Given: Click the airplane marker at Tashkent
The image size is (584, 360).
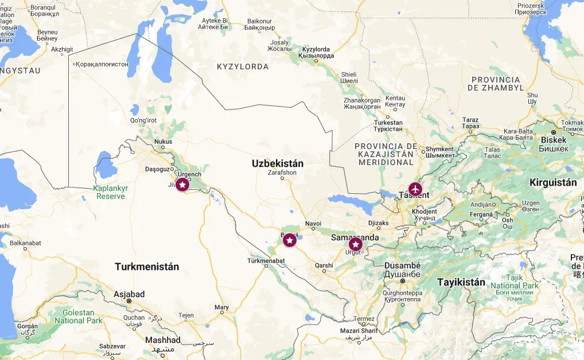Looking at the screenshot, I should pos(415,189).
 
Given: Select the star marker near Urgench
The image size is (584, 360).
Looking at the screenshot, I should pos(182,185).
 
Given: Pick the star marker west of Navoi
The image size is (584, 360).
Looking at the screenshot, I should pos(290,240).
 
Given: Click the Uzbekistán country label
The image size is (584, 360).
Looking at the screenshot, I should pos(277,163).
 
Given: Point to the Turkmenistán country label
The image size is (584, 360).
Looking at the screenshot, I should pos(147,267).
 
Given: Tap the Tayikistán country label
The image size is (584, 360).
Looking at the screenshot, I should pos(461,282).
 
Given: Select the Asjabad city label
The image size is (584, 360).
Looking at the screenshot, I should pos(129,294).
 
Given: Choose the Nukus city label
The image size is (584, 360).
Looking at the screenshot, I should pos(163,142).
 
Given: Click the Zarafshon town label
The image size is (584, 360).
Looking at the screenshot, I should pos(282,172).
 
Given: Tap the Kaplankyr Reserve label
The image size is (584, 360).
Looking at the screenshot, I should pos(111,192).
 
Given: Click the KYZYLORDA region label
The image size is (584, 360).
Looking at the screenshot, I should pos(243,67).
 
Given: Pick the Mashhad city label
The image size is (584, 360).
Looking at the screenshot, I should pos(163,340).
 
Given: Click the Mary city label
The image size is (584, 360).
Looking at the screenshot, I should pos(221,308).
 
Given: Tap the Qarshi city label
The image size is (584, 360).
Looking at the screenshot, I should pos(324,265).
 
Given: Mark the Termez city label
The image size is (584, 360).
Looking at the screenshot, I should pos(364,319).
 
